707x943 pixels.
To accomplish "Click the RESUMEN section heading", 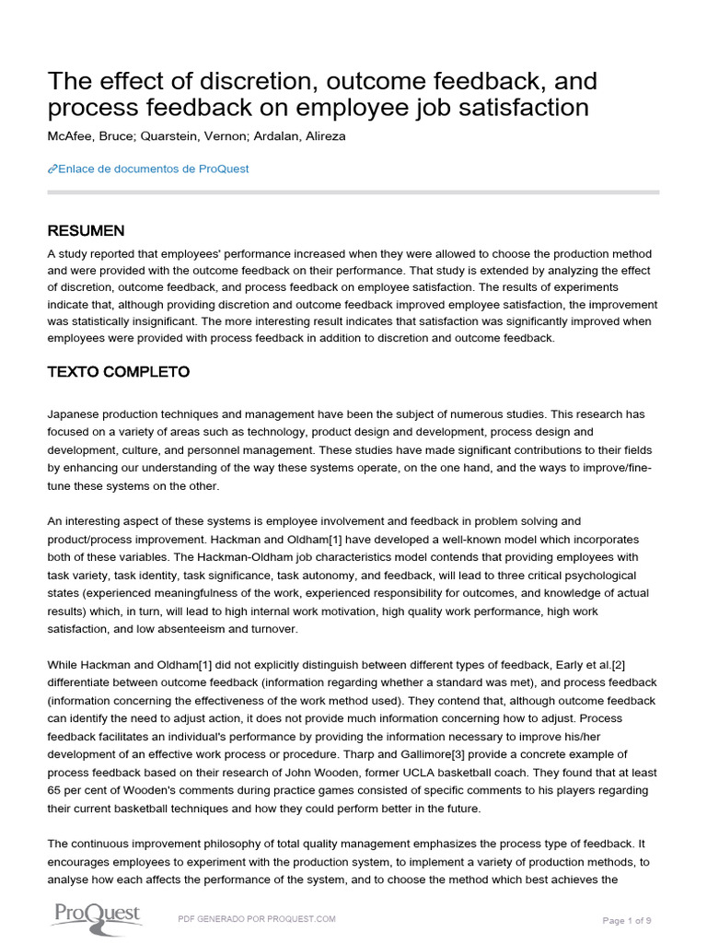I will (86, 230).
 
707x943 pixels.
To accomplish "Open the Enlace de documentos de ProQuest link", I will (154, 169).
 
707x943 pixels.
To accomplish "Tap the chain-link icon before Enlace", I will (52, 169).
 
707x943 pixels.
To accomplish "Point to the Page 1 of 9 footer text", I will (631, 920).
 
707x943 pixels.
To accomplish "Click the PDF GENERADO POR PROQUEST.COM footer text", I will (256, 919).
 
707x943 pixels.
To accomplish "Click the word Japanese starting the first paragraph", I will (75, 413).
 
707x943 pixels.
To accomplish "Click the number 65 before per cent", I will (55, 791).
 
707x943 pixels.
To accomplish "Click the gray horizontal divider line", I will (353, 192).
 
